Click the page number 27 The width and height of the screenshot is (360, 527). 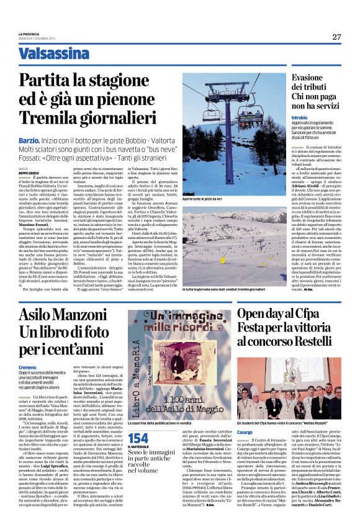(x=336, y=37)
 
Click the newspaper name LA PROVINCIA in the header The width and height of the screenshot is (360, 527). (x=29, y=33)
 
